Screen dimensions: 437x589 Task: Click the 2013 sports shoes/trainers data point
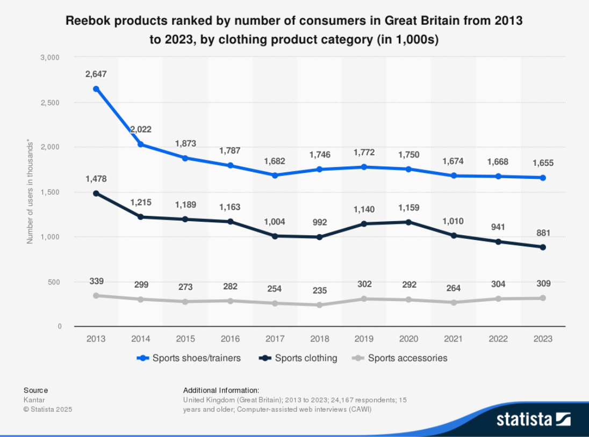click(96, 89)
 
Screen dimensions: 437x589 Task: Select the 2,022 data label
click(140, 129)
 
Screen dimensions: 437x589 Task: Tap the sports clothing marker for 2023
click(543, 247)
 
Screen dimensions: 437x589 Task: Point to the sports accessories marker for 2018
click(319, 305)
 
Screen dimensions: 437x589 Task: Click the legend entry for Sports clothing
click(298, 358)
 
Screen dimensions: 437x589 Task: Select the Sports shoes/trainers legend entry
click(189, 358)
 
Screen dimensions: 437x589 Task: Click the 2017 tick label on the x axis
click(275, 339)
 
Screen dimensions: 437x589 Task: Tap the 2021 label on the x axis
click(453, 339)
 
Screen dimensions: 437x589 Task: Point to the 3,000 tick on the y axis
click(50, 57)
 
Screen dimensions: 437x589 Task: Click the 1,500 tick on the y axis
click(50, 192)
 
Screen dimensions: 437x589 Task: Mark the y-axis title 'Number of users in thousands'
click(30, 193)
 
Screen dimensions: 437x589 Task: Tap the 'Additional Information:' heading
click(221, 390)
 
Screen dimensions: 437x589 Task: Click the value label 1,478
click(96, 178)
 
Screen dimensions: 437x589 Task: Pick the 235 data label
click(319, 291)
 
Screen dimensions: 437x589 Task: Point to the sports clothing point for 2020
click(408, 222)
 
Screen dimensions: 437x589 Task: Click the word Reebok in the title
click(86, 21)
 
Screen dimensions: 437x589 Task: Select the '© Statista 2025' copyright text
click(48, 409)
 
